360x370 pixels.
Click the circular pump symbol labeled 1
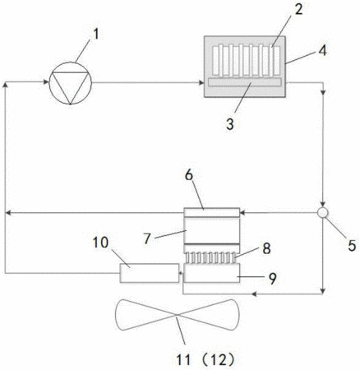pos(70,83)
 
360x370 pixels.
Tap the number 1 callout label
pos(95,35)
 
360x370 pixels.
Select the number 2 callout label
pos(298,9)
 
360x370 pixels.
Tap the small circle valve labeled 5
pos(323,213)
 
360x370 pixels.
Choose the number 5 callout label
pos(352,245)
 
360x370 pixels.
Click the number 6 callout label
pos(189,175)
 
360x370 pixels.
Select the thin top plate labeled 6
pos(211,213)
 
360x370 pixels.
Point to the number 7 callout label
pos(147,238)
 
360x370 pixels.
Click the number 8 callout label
pos(266,248)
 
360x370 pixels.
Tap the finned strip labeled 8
pos(211,257)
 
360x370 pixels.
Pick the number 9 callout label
pos(272,279)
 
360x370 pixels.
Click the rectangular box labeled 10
pos(150,273)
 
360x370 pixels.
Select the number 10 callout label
pos(100,243)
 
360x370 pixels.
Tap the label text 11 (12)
pos(205,360)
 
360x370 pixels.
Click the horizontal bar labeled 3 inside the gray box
pos(245,82)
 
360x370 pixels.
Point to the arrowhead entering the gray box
pos(201,82)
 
